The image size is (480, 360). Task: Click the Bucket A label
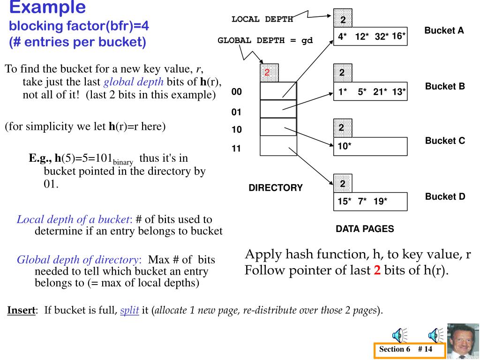point(444,31)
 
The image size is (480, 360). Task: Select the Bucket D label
point(445,197)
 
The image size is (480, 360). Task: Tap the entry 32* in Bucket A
point(382,37)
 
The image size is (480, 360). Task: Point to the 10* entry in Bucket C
point(344,146)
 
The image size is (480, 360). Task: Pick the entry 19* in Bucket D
point(380,202)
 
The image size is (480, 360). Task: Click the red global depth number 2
point(267,72)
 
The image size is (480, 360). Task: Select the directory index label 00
point(237,92)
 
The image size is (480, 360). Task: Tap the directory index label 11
point(237,149)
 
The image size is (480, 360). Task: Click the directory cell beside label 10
point(278,127)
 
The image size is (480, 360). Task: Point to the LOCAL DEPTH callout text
point(262,19)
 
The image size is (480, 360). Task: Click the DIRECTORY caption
point(276,188)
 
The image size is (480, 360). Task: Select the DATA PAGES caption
point(365,229)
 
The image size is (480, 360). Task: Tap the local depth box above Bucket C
point(342,127)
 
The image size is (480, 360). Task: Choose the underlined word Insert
point(21,311)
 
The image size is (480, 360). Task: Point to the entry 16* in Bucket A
point(399,36)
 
